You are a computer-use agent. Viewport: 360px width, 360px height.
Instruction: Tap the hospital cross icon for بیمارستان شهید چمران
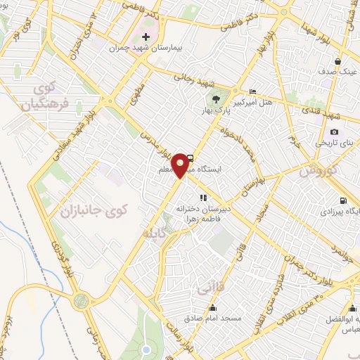(x=146, y=37)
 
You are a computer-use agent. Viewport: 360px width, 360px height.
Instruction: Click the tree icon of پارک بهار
(x=216, y=99)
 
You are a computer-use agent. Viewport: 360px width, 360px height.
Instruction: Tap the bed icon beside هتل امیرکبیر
(x=253, y=92)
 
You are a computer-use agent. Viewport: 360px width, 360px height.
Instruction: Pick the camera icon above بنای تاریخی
(x=334, y=131)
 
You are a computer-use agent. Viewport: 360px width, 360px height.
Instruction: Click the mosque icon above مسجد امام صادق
(x=213, y=308)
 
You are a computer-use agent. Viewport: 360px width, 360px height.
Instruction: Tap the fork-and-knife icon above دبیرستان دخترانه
(x=203, y=198)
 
